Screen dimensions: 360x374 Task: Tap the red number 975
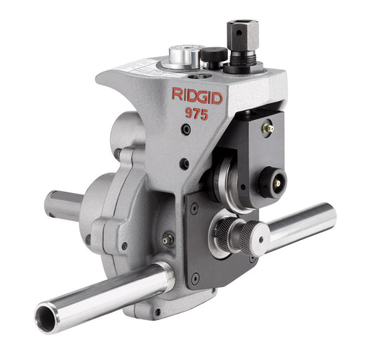(x=195, y=115)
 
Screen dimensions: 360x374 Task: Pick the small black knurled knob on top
(x=213, y=55)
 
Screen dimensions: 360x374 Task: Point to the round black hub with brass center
(x=272, y=182)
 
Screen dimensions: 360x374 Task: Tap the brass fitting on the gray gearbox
(x=167, y=239)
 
